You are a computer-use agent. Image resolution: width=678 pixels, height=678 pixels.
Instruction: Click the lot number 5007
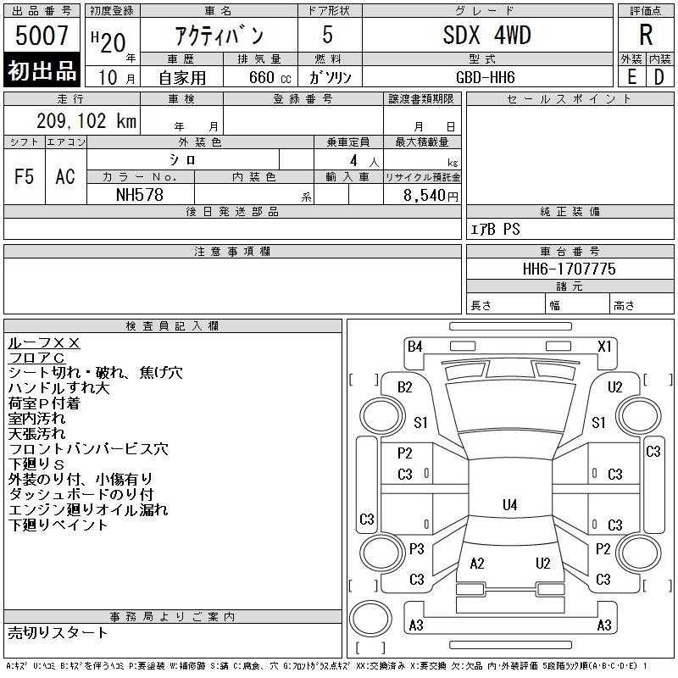click(42, 36)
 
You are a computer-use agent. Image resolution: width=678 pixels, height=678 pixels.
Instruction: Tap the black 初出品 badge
click(42, 69)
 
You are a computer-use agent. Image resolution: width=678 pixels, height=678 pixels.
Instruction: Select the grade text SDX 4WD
click(486, 35)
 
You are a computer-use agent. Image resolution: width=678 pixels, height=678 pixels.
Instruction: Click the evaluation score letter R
click(646, 35)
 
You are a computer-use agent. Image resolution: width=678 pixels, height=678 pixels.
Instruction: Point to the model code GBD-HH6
click(486, 77)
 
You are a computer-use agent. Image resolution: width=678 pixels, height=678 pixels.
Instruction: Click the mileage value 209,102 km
click(86, 120)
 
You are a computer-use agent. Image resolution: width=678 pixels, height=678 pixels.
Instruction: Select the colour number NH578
click(140, 195)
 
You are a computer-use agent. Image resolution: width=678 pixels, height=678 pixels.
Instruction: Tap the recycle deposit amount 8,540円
click(431, 196)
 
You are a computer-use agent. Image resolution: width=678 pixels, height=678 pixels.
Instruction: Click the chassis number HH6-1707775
click(569, 269)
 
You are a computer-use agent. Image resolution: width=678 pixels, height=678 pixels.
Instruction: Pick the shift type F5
click(25, 176)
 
